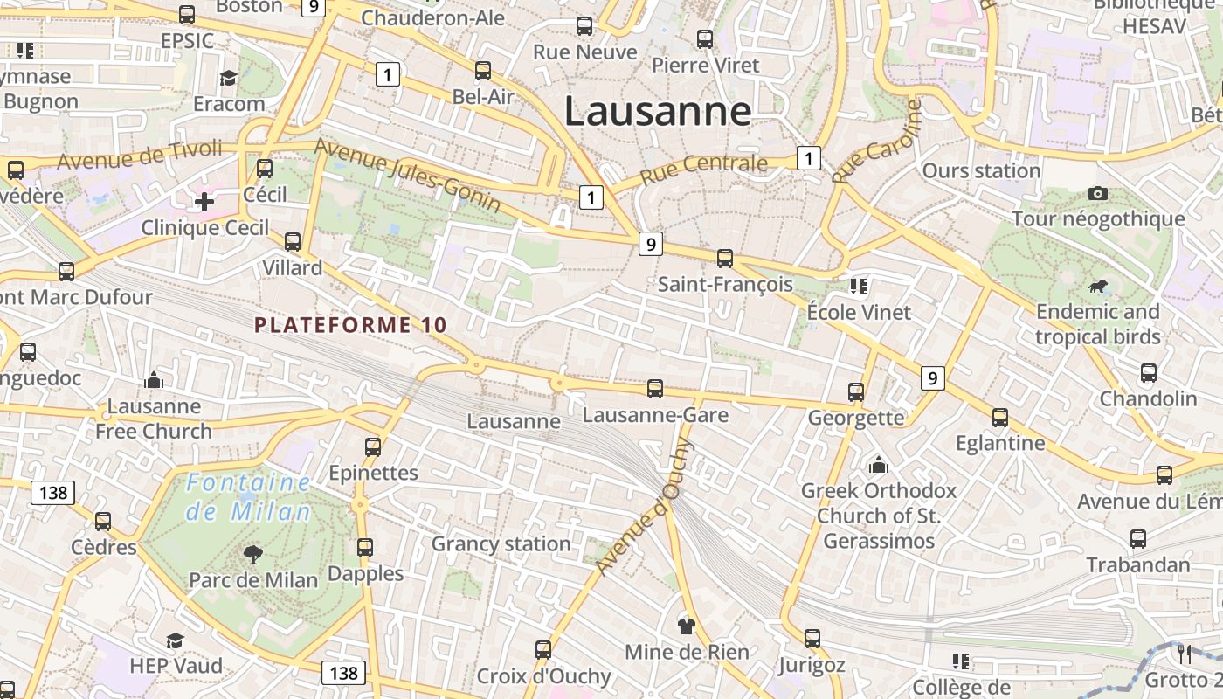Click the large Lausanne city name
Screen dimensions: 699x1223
tap(657, 112)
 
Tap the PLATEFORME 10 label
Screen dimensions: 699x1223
tap(350, 325)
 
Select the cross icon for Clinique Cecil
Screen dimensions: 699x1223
tap(204, 203)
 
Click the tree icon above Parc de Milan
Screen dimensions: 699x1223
tap(253, 553)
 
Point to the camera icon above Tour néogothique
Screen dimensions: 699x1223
tap(1098, 193)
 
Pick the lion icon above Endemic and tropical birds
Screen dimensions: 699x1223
tap(1098, 287)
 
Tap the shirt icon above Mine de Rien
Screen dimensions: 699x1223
tap(687, 626)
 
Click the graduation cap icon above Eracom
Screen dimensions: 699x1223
tap(229, 79)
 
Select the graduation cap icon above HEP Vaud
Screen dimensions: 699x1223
tap(176, 640)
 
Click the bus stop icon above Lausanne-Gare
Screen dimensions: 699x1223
tap(655, 389)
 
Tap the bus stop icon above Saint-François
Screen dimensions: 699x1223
tap(725, 258)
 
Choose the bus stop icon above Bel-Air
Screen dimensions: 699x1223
tap(483, 71)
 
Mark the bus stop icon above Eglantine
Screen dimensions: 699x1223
tap(1000, 418)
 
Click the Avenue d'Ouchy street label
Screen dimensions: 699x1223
tap(645, 507)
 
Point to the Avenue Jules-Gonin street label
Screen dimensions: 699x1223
tap(407, 175)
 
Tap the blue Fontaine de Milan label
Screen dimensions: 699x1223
tap(249, 496)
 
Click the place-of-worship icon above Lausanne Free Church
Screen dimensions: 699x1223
tap(155, 380)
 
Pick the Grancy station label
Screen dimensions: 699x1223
tap(501, 544)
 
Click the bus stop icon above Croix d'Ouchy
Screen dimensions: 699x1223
tap(543, 650)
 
